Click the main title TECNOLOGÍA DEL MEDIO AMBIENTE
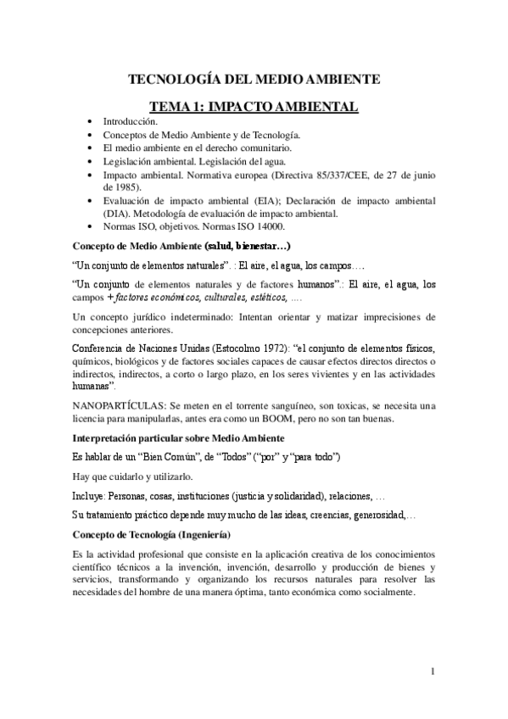[x=254, y=80]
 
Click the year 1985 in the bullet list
[x=114, y=185]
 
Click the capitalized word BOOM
[x=306, y=418]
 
